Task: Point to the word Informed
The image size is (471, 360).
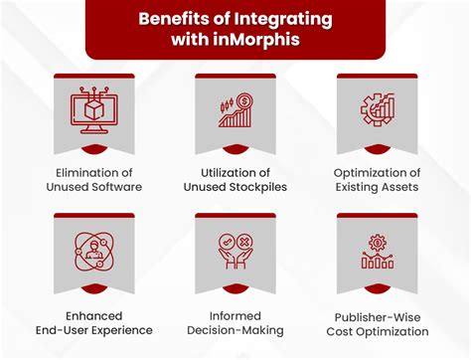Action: coord(235,313)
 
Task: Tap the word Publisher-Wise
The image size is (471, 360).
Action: coord(379,313)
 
